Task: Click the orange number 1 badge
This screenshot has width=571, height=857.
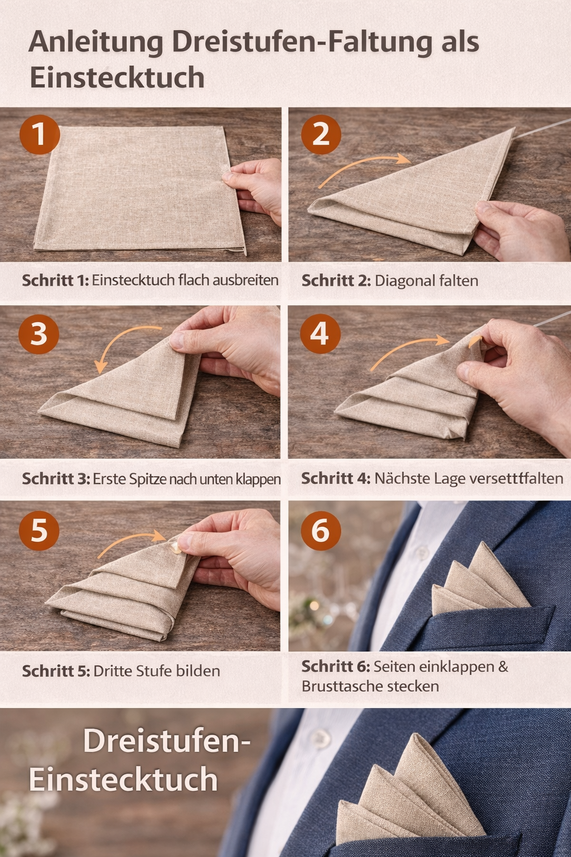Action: (40, 134)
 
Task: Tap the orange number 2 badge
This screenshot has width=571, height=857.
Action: (321, 134)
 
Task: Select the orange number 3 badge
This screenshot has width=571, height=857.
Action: (38, 334)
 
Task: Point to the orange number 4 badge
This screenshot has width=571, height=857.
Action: (320, 334)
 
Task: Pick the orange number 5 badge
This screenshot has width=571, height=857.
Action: (39, 531)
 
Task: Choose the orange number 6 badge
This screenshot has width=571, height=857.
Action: (321, 531)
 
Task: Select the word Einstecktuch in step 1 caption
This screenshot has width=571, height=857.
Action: (133, 280)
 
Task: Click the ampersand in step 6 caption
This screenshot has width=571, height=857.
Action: (503, 667)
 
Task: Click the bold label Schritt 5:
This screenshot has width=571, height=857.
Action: (56, 671)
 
